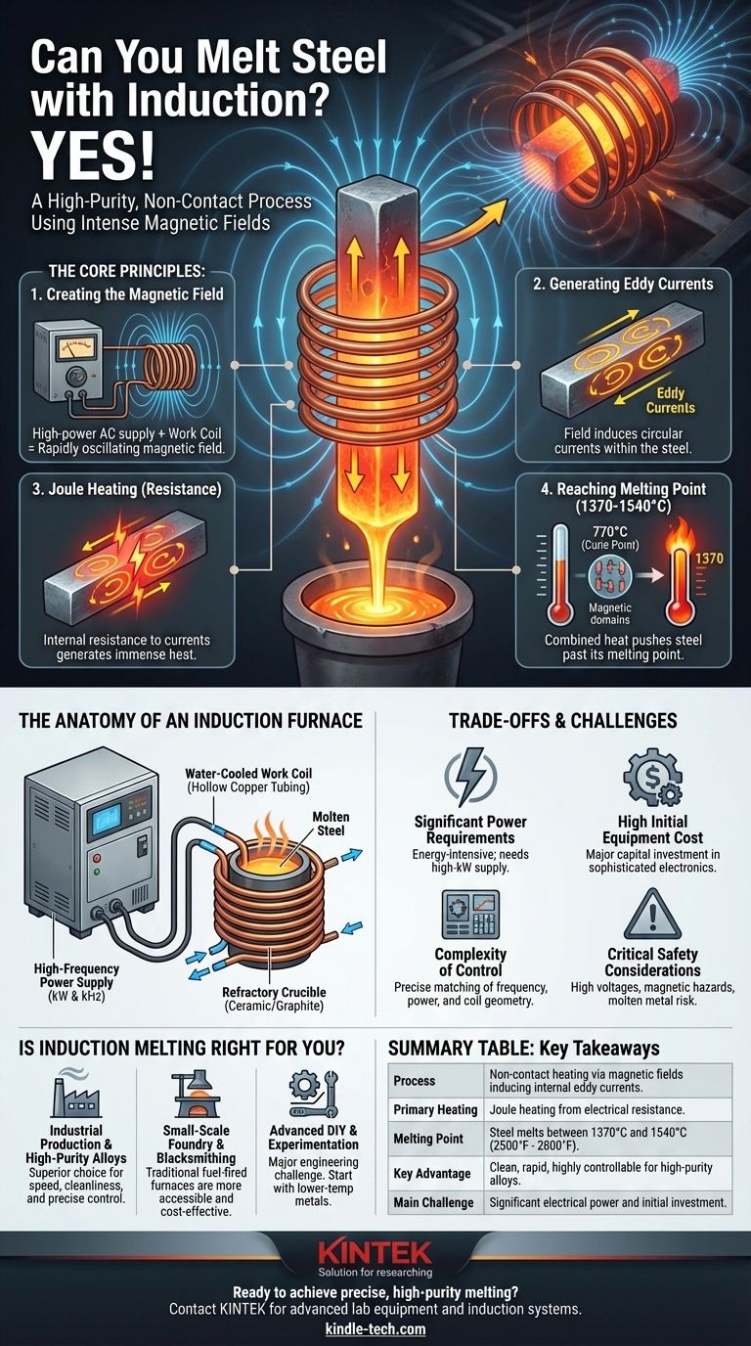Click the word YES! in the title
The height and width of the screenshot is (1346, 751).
pos(93,155)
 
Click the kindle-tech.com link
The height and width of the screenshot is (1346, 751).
pos(375,1328)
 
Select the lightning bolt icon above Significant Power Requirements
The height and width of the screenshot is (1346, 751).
pos(470,777)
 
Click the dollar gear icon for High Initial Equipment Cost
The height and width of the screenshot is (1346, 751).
pos(652,777)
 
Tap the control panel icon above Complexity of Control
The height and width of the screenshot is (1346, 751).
pos(470,915)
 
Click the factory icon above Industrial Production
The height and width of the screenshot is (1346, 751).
pos(75,1093)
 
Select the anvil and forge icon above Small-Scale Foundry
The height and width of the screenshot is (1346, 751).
pos(197,1094)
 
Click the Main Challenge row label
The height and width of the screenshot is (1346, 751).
pos(433,1202)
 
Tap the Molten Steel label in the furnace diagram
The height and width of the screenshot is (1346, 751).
pos(331,824)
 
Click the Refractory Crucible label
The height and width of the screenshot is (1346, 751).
pos(274,999)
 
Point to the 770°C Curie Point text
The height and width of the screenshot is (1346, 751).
pos(610,537)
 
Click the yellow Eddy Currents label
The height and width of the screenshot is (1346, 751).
pos(671,400)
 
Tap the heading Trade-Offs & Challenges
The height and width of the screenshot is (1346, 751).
pos(563,721)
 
